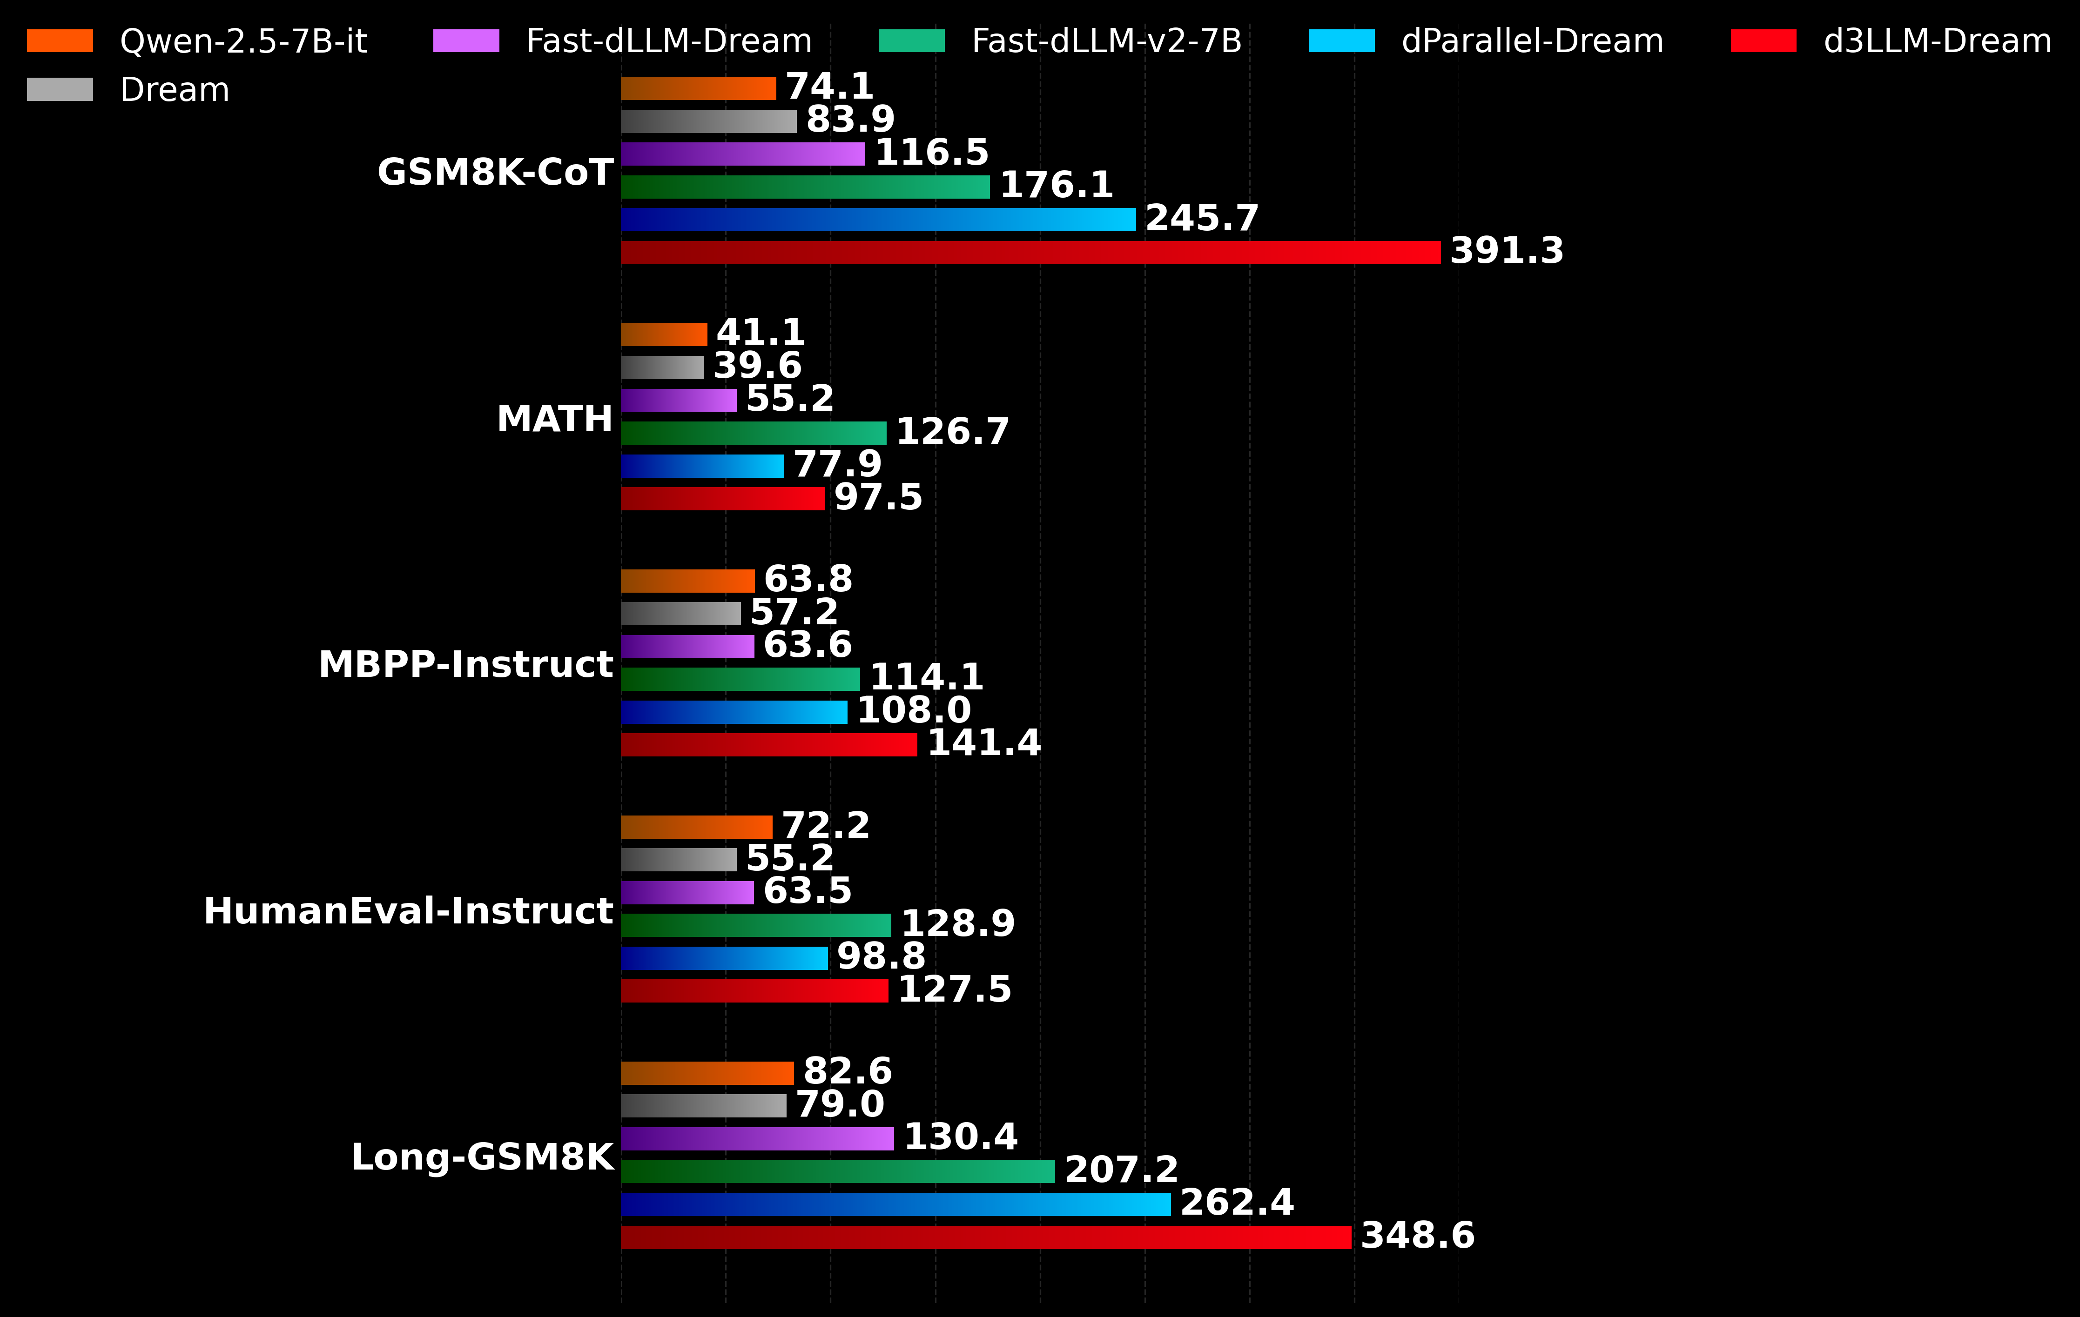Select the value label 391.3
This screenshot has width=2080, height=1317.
click(x=1507, y=251)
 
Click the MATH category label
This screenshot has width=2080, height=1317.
click(x=554, y=420)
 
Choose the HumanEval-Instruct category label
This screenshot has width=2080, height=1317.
click(x=408, y=912)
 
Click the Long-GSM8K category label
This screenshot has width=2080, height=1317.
click(x=482, y=1157)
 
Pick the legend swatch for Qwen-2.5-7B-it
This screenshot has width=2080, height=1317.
click(x=60, y=40)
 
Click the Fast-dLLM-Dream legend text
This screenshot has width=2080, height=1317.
click(x=668, y=40)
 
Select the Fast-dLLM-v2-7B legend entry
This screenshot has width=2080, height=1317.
click(x=1106, y=40)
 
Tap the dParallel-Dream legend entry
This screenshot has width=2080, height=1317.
click(x=1532, y=40)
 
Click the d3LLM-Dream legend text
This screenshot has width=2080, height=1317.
click(x=1937, y=40)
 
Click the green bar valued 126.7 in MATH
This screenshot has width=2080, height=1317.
click(x=753, y=433)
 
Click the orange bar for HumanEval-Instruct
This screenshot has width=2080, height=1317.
click(x=696, y=827)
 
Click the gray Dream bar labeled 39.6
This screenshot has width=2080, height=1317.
click(x=662, y=367)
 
